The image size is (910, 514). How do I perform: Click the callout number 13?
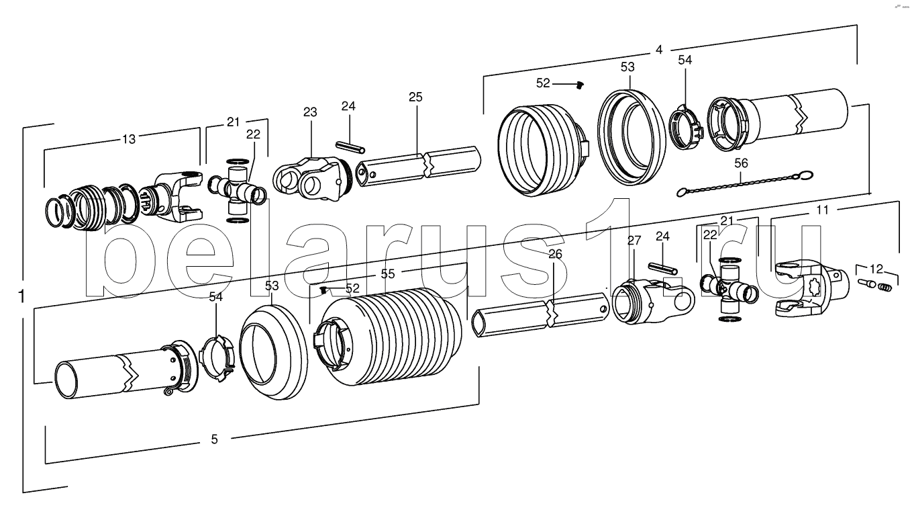[x=129, y=139]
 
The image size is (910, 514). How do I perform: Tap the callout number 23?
[x=310, y=112]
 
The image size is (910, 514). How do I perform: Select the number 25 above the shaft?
[x=415, y=97]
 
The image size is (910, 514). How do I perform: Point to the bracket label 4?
[x=659, y=50]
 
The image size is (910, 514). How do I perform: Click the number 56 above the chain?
[x=741, y=163]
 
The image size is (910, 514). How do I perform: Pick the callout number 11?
[x=822, y=210]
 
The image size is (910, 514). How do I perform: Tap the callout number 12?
[x=876, y=269]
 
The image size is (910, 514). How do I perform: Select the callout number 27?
[x=634, y=241]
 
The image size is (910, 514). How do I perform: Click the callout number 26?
[x=556, y=254]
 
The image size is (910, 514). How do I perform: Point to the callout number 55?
[x=388, y=273]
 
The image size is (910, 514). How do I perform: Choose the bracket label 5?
[x=215, y=439]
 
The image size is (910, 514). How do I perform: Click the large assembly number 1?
[x=21, y=296]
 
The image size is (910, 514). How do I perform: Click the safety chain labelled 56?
[x=745, y=183]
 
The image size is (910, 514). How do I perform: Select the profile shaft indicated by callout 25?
[x=419, y=167]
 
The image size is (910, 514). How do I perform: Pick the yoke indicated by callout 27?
[x=653, y=301]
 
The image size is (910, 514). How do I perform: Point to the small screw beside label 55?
[x=323, y=290]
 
